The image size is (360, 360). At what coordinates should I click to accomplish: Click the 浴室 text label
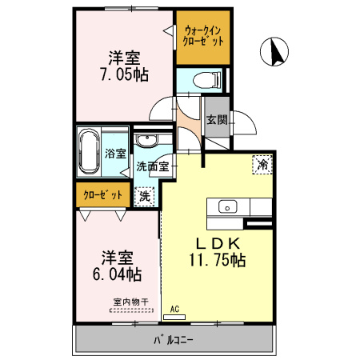pyautogui.click(x=115, y=154)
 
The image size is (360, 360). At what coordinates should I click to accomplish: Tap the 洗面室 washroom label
pyautogui.click(x=152, y=167)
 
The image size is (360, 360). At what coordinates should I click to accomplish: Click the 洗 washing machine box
pyautogui.click(x=144, y=194)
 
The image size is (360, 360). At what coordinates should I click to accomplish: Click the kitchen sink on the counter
pyautogui.click(x=227, y=206)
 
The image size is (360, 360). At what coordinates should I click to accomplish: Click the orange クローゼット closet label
pyautogui.click(x=103, y=194)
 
